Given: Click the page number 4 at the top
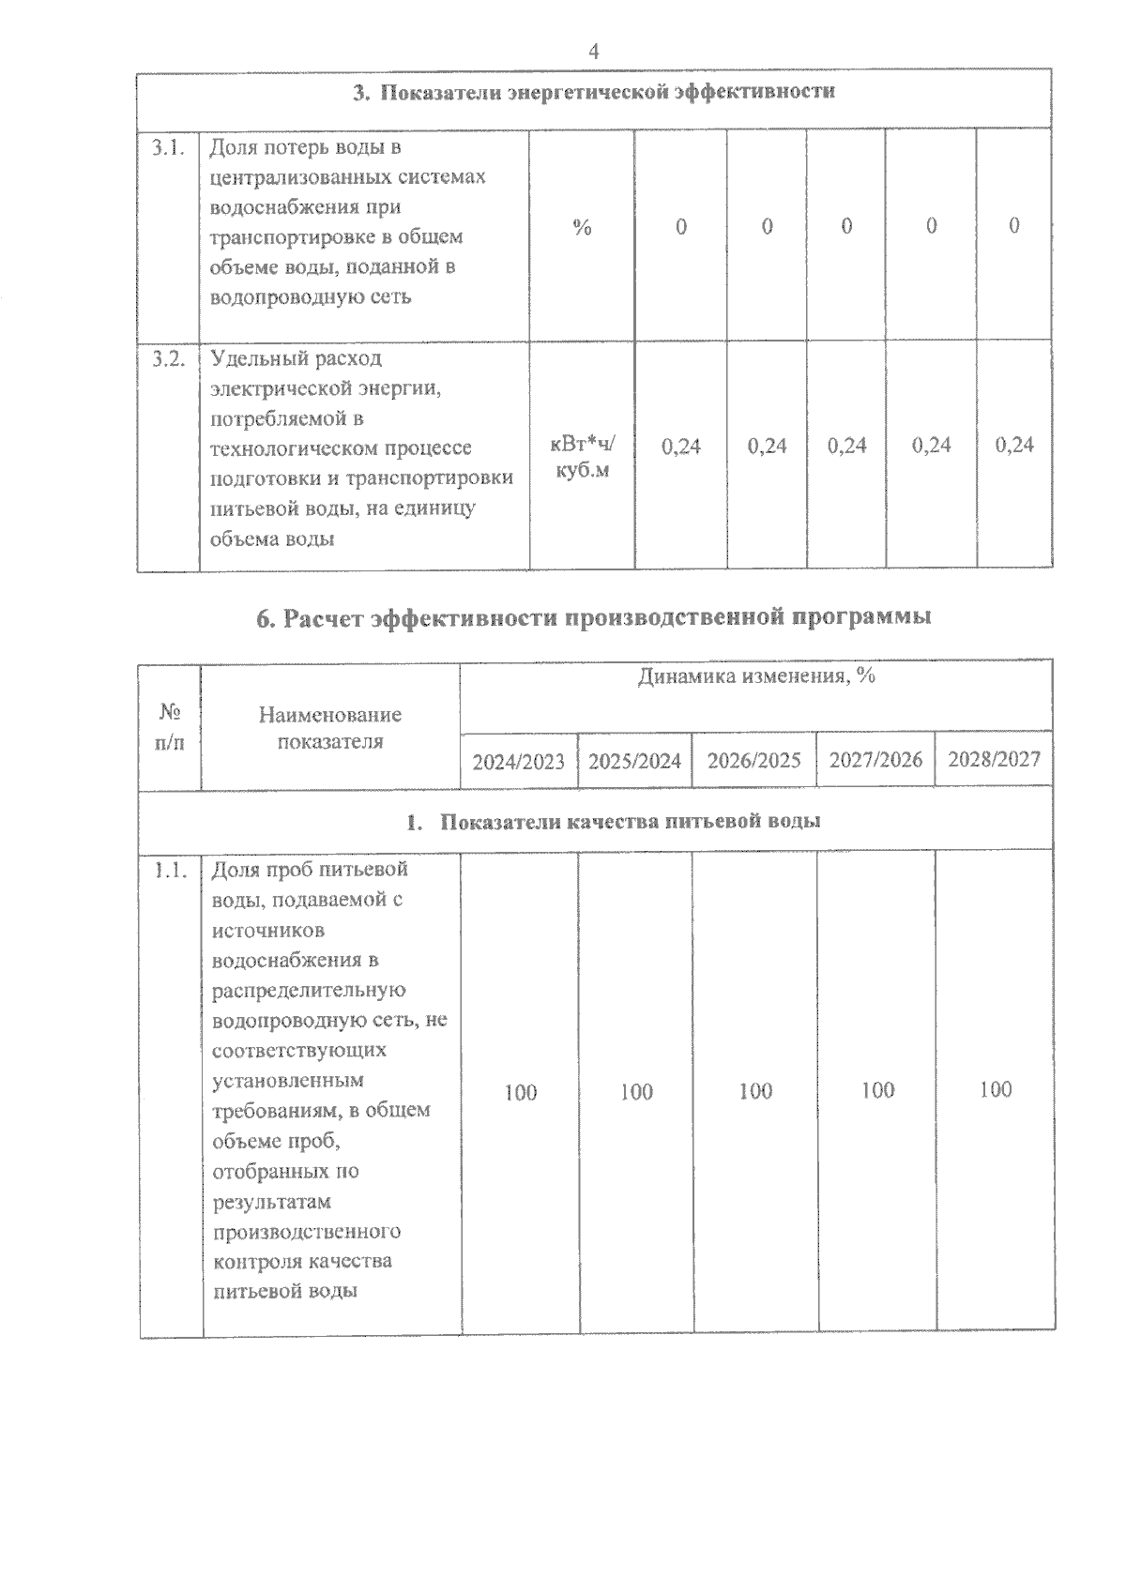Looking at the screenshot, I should point(593,52).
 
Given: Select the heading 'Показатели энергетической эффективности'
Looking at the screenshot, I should point(593,92).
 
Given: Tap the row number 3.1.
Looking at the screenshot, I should point(168,147).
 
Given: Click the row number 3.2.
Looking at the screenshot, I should point(168,359).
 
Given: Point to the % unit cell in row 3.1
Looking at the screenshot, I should point(582,227).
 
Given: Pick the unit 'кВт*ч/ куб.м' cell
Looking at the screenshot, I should point(582,457).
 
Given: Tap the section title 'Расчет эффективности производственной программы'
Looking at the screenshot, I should point(593,617).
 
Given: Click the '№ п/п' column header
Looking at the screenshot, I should point(170,727).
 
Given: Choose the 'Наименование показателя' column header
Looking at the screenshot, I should point(330,727).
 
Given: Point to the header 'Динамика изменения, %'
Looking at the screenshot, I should point(755,676).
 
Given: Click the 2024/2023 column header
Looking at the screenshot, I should point(518,761).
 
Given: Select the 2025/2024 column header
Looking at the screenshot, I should point(634,761).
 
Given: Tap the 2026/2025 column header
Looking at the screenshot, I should point(753,760).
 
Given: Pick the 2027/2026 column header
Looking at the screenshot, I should point(875,759).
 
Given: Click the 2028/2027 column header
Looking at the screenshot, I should point(994,758).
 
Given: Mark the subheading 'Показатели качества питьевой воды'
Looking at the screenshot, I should point(614,821).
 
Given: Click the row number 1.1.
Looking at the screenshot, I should point(170,870).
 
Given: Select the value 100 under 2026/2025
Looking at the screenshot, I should point(755,1091).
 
